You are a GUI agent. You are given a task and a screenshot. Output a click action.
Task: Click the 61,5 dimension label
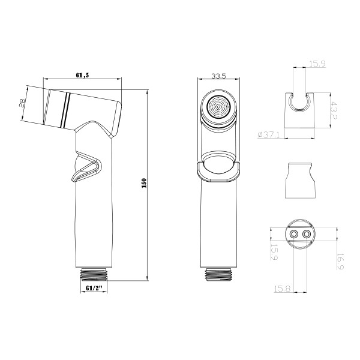point(84,74)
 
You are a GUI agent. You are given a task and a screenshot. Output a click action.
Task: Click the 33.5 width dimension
point(218,76)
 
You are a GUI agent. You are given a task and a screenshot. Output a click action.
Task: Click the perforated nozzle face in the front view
point(218,109)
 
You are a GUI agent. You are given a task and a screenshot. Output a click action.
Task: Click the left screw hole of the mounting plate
point(294,234)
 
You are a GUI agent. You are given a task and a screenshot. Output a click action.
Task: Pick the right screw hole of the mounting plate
point(308,234)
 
